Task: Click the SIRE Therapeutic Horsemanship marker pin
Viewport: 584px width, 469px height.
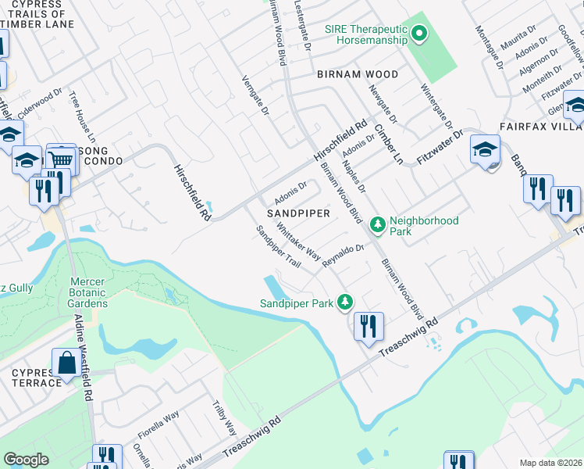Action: (x=419, y=33)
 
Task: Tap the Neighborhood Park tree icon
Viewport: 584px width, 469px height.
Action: (x=378, y=225)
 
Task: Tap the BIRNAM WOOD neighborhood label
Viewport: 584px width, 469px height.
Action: (x=358, y=74)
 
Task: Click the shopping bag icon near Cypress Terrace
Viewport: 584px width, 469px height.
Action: (x=66, y=363)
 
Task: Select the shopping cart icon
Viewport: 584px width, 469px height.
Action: (x=62, y=159)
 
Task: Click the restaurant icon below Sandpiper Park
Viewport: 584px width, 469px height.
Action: (x=369, y=324)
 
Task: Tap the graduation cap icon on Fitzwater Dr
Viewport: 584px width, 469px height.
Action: (x=485, y=148)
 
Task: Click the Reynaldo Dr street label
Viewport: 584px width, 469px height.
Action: (x=344, y=256)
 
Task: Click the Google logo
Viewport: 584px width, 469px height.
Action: (x=26, y=460)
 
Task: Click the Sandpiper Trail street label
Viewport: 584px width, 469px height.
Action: (x=279, y=247)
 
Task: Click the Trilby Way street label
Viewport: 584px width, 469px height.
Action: (x=225, y=418)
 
